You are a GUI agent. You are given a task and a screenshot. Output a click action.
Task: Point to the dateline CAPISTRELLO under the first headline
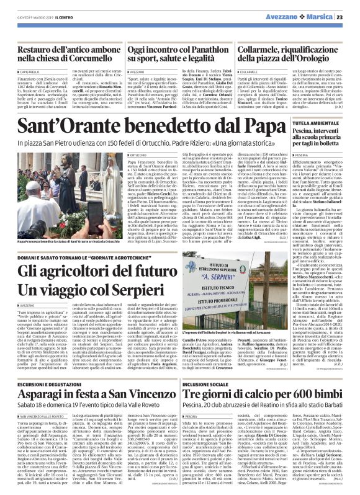24,73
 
